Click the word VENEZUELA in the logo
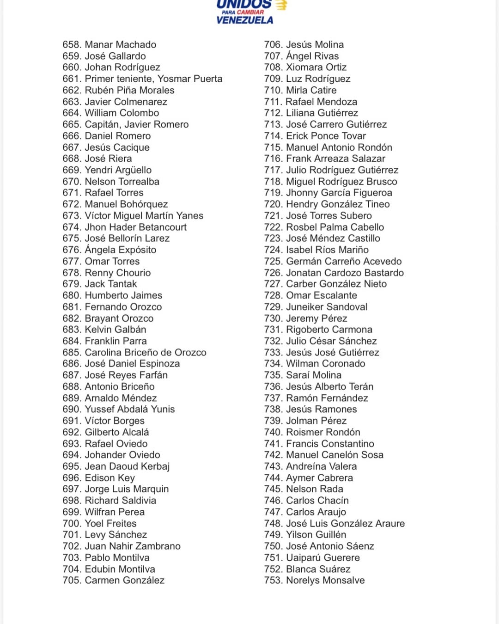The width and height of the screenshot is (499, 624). pyautogui.click(x=244, y=20)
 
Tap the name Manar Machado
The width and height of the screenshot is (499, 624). pyautogui.click(x=120, y=44)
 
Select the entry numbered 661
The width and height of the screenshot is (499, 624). pyautogui.click(x=142, y=79)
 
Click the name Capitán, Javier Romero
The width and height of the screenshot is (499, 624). pyautogui.click(x=136, y=124)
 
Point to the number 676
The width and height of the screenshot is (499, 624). pyautogui.click(x=72, y=250)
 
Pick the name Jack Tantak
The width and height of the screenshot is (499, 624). pyautogui.click(x=111, y=284)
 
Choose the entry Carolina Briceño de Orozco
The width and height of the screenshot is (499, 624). pyautogui.click(x=146, y=352)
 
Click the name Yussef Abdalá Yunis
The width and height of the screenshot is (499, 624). pyautogui.click(x=130, y=409)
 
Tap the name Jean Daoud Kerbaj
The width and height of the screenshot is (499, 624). pyautogui.click(x=127, y=466)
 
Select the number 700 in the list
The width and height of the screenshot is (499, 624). pyautogui.click(x=72, y=523)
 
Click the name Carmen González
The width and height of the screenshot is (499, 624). pyautogui.click(x=124, y=580)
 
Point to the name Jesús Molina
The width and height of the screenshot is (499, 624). pyautogui.click(x=315, y=44)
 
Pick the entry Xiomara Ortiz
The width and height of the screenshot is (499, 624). pyautogui.click(x=316, y=67)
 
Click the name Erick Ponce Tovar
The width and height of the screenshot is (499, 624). pyautogui.click(x=326, y=136)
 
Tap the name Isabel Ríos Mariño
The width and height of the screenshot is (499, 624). pyautogui.click(x=327, y=250)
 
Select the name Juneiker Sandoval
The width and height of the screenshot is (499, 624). pyautogui.click(x=327, y=306)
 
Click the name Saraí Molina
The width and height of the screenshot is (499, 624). pyautogui.click(x=314, y=375)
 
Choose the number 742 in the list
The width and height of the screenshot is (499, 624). pyautogui.click(x=273, y=455)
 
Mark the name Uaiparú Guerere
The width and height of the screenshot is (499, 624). pyautogui.click(x=323, y=557)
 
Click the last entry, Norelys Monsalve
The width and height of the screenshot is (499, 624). pyautogui.click(x=325, y=580)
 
